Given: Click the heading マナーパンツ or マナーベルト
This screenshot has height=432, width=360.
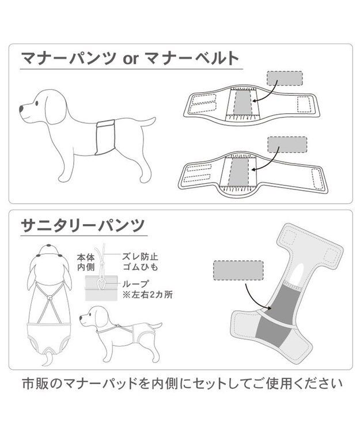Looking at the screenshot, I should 129,59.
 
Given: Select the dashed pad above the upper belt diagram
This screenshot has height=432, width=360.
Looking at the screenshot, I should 286,79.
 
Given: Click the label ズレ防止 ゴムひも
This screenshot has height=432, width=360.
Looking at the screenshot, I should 139,262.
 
